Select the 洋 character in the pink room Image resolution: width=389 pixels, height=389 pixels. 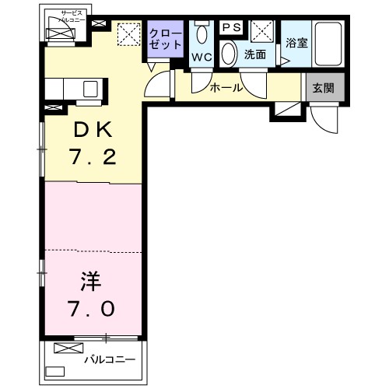point(87,279)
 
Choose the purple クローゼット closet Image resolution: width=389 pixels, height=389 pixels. point(165,39)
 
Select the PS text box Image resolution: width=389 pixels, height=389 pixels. point(232,27)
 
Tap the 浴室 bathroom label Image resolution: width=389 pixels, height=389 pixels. point(296,43)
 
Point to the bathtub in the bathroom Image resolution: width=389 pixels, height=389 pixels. point(329,45)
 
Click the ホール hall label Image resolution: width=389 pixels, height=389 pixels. point(226,88)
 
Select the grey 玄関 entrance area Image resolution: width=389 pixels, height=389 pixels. point(324,88)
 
